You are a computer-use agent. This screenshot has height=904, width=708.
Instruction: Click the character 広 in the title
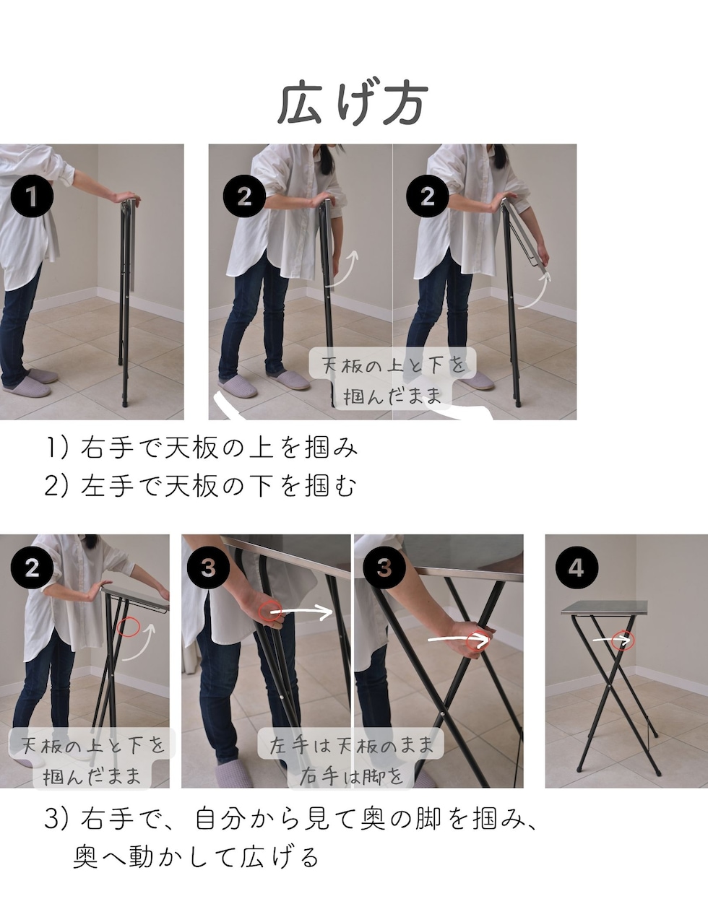pos(299,103)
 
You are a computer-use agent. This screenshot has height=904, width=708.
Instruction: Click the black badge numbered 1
pos(32,196)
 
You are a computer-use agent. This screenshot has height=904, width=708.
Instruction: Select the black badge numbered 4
pos(577,568)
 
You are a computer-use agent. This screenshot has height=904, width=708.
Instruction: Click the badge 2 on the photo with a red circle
pos(32,568)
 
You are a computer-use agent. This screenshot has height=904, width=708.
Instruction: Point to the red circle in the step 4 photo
pos(623,640)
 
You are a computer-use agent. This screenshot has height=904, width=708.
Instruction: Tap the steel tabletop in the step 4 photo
pos(605,607)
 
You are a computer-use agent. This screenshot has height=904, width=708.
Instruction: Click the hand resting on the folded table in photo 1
pos(126,197)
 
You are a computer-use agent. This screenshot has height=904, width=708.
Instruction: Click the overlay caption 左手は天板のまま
pos(351,745)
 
